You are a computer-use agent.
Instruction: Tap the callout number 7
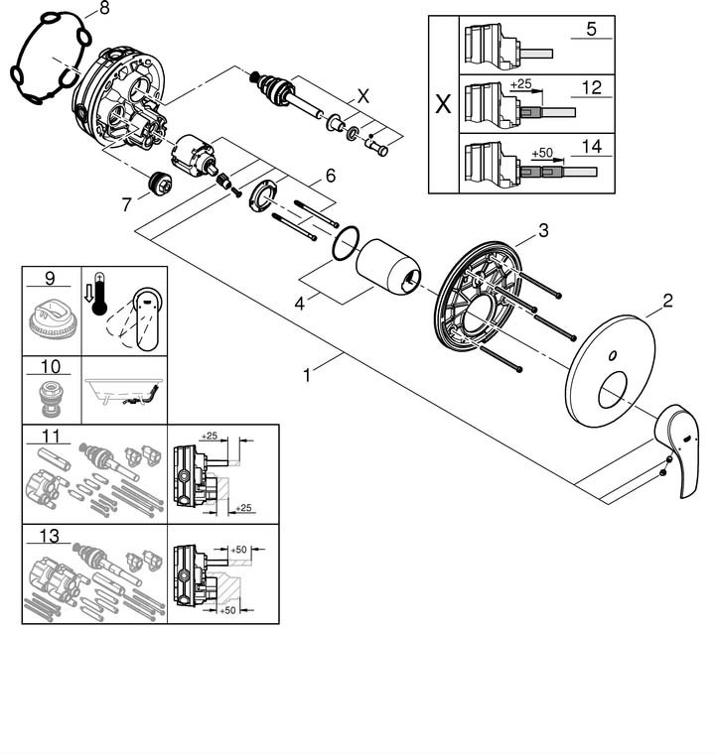click(x=125, y=205)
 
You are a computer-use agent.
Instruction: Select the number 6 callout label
click(x=330, y=176)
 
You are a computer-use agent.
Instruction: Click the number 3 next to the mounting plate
click(x=543, y=231)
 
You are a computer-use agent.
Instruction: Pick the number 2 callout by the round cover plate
click(x=668, y=299)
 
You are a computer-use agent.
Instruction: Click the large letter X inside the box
click(x=443, y=101)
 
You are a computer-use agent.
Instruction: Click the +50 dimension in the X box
click(x=541, y=154)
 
